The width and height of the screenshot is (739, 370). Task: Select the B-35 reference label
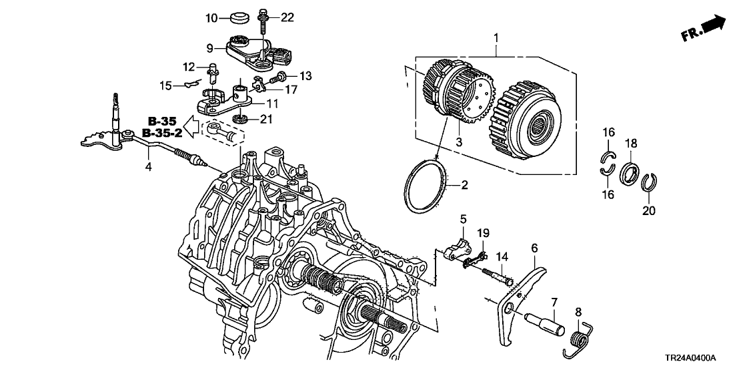click(161, 122)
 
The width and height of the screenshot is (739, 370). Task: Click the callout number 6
click(534, 248)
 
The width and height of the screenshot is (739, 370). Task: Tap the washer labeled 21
click(238, 120)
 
